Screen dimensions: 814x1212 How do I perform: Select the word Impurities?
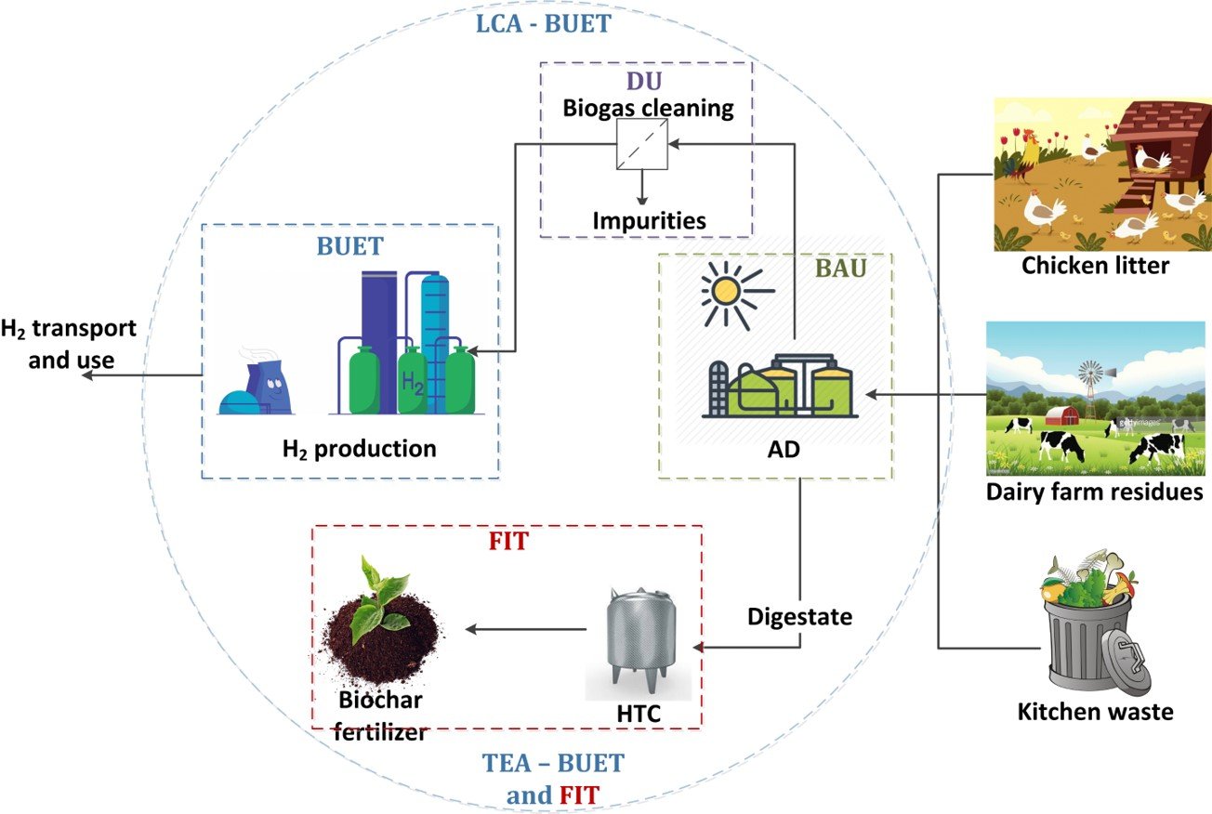tap(648, 220)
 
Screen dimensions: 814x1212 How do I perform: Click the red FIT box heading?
tap(507, 540)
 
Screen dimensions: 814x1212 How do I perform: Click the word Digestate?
tap(799, 615)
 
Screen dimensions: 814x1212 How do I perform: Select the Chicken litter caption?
tap(1095, 266)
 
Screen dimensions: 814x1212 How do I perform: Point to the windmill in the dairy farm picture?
tap(1087, 376)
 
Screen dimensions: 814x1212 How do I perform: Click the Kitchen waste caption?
tap(1095, 713)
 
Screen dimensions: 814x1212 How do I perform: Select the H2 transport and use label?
tap(67, 344)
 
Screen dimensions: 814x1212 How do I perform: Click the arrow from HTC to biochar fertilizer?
tap(525, 630)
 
